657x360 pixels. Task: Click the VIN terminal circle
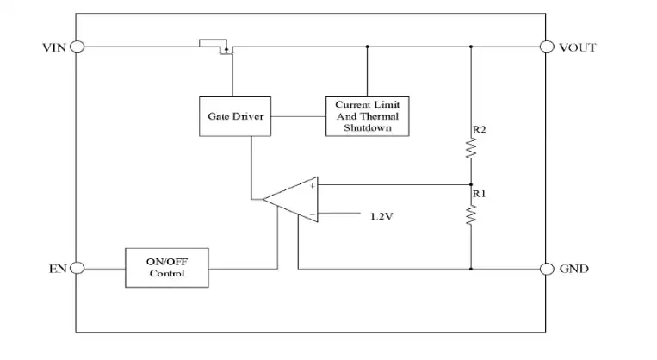pyautogui.click(x=77, y=47)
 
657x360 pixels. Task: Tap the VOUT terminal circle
pyautogui.click(x=547, y=47)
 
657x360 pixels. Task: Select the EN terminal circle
pyautogui.click(x=77, y=268)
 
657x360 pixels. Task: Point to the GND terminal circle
pyautogui.click(x=547, y=269)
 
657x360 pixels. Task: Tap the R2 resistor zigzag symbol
pyautogui.click(x=471, y=148)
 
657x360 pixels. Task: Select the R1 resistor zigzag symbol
pyautogui.click(x=471, y=214)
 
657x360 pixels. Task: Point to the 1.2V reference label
pyautogui.click(x=381, y=216)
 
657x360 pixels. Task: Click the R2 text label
pyautogui.click(x=480, y=130)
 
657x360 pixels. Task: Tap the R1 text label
pyautogui.click(x=480, y=194)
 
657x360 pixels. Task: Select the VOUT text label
pyautogui.click(x=578, y=47)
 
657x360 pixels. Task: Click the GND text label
pyautogui.click(x=574, y=269)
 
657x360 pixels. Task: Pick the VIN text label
pyautogui.click(x=54, y=47)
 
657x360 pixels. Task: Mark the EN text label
pyautogui.click(x=58, y=269)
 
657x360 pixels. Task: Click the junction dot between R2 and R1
pyautogui.click(x=471, y=184)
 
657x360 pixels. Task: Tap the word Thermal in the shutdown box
pyautogui.click(x=379, y=116)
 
